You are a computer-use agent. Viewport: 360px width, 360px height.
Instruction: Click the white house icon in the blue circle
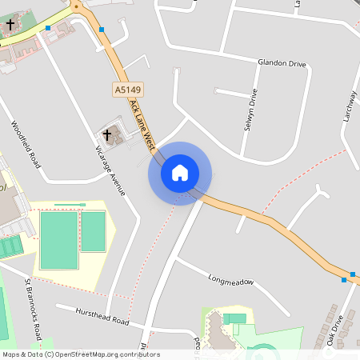click(180, 173)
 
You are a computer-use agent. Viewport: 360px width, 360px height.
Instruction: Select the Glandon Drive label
click(281, 63)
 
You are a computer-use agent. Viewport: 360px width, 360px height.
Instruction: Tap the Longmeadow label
click(230, 282)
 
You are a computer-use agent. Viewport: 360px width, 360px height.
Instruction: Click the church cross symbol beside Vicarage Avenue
click(109, 134)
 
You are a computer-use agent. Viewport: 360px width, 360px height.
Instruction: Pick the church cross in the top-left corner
click(10, 26)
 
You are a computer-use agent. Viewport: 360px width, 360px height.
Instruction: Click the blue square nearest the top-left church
click(48, 29)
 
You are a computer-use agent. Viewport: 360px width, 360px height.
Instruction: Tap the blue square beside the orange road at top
click(102, 30)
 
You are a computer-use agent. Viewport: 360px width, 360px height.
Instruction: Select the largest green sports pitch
click(59, 240)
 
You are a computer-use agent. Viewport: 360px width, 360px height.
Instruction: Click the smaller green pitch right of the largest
click(93, 231)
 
